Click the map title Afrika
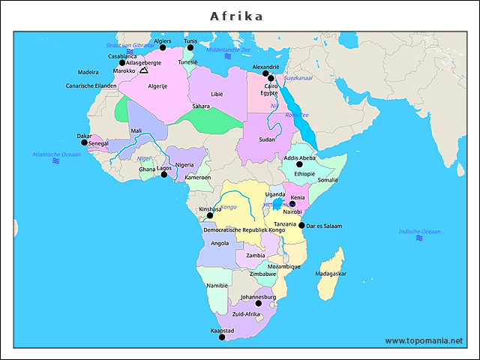click(236, 16)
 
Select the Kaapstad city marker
click(221, 337)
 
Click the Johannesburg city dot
click(259, 304)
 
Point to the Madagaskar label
click(331, 274)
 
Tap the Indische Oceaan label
click(419, 232)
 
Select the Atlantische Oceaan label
click(55, 154)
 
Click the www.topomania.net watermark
click(424, 341)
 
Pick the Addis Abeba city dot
click(299, 164)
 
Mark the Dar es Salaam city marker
click(301, 225)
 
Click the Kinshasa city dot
click(210, 215)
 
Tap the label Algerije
click(157, 86)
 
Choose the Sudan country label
click(267, 139)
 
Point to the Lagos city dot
click(164, 175)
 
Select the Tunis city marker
click(190, 47)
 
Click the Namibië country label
click(217, 286)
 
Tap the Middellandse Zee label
click(228, 49)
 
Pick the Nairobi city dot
click(292, 204)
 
